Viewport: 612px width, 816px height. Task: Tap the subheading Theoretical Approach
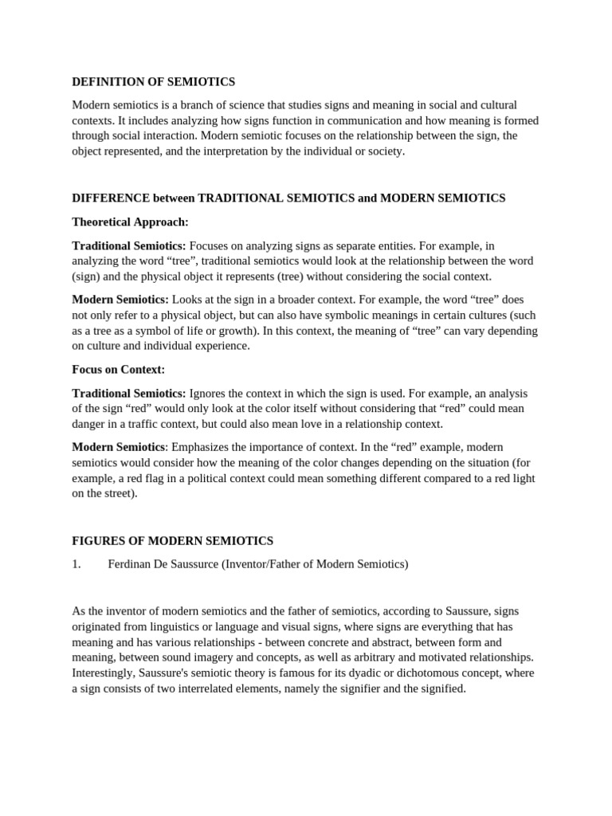[x=130, y=222]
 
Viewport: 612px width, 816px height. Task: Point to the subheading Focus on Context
[x=118, y=370]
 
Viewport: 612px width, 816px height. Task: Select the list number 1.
[x=76, y=564]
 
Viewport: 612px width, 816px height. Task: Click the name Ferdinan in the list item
[x=131, y=564]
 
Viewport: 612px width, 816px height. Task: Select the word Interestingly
[x=104, y=673]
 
